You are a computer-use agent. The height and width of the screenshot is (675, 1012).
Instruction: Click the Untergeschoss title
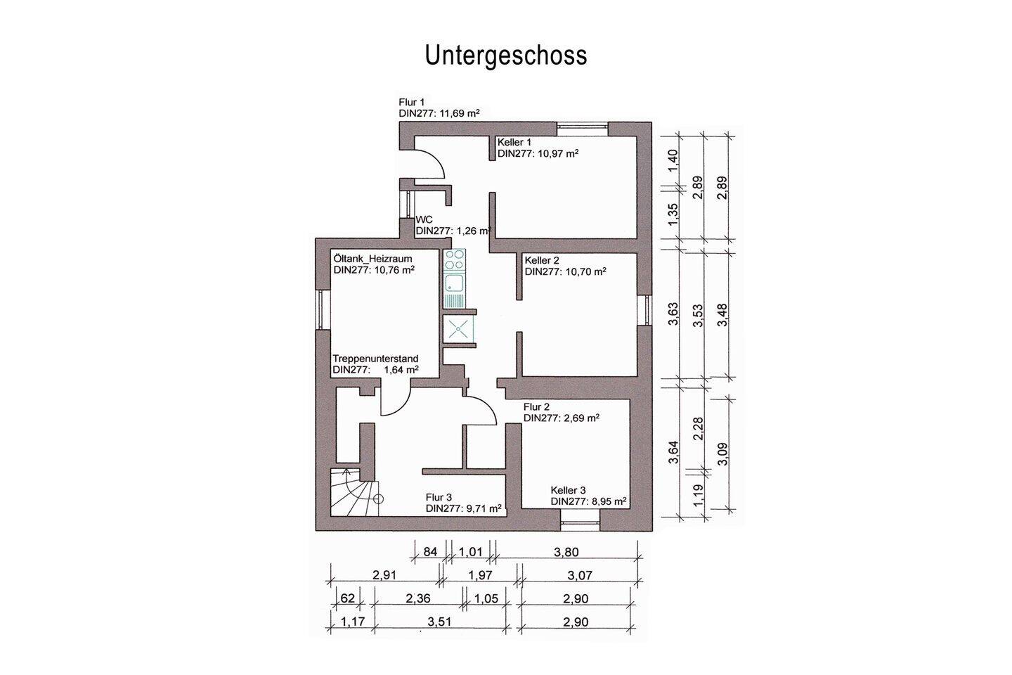pyautogui.click(x=505, y=55)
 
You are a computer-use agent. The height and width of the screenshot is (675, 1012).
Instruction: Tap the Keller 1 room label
pyautogui.click(x=514, y=142)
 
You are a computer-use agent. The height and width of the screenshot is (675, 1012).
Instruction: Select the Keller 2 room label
pyautogui.click(x=542, y=260)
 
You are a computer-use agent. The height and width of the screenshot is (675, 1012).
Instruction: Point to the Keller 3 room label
pyautogui.click(x=568, y=490)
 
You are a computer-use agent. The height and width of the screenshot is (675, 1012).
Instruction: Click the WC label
pyautogui.click(x=424, y=219)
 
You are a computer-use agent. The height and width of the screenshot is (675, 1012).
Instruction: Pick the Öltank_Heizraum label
pyautogui.click(x=372, y=259)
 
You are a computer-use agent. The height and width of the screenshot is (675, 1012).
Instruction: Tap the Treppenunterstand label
pyautogui.click(x=375, y=359)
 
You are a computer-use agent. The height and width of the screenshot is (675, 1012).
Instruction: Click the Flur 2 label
pyautogui.click(x=536, y=406)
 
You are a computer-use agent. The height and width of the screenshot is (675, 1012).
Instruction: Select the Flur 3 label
pyautogui.click(x=439, y=496)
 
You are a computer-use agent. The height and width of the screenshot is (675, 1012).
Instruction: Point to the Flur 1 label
pyautogui.click(x=412, y=102)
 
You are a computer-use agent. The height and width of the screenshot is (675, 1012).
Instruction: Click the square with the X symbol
pyautogui.click(x=458, y=328)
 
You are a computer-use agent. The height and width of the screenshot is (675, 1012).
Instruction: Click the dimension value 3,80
pyautogui.click(x=566, y=553)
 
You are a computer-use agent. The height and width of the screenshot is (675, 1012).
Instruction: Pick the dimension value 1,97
pyautogui.click(x=481, y=575)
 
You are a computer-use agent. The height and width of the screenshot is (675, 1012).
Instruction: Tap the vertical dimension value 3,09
pyautogui.click(x=723, y=454)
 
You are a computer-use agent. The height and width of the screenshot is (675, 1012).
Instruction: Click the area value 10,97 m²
pyautogui.click(x=551, y=153)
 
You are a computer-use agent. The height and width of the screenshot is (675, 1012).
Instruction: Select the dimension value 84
pyautogui.click(x=431, y=553)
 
